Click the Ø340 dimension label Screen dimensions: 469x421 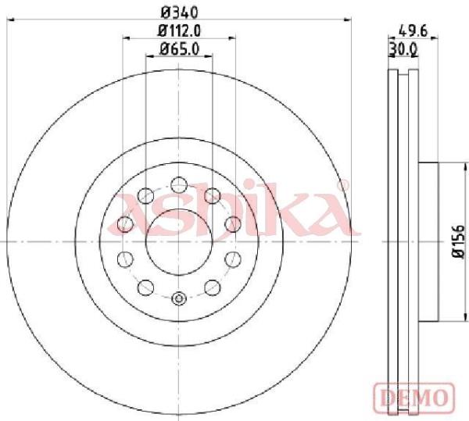click(x=180, y=12)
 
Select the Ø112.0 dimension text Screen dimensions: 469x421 click(x=180, y=30)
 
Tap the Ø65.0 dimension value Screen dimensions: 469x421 click(x=180, y=48)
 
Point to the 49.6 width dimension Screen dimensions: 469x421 click(x=413, y=31)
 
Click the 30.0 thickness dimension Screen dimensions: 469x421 click(x=403, y=50)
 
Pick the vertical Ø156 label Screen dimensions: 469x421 click(x=458, y=241)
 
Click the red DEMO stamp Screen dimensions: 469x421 click(x=414, y=398)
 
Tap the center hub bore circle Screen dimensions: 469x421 click(x=179, y=242)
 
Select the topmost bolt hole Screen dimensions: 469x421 click(x=179, y=184)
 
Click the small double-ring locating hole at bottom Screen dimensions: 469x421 click(x=179, y=298)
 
